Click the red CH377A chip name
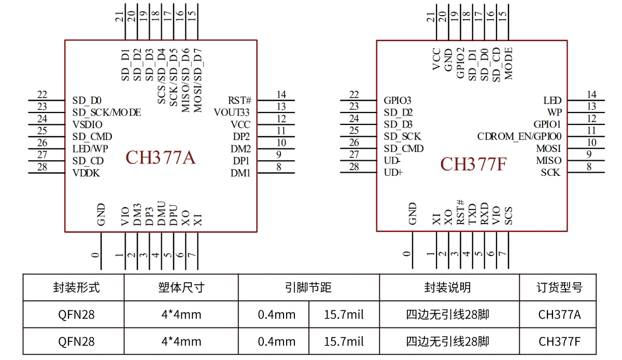pyautogui.click(x=161, y=158)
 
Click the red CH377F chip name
pyautogui.click(x=473, y=164)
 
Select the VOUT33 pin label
pyautogui.click(x=232, y=112)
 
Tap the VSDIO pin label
pyautogui.click(x=87, y=124)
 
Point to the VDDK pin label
pyautogui.click(x=86, y=173)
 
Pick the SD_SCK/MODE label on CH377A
pyautogui.click(x=106, y=112)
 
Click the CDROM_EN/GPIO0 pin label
pyautogui.click(x=519, y=136)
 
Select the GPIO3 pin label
pyautogui.click(x=398, y=100)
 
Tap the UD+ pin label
pyautogui.click(x=393, y=173)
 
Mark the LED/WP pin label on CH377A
pyautogui.click(x=90, y=149)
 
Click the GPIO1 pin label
pyautogui.click(x=547, y=124)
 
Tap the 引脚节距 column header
pyautogui.click(x=308, y=287)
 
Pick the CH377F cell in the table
pyautogui.click(x=559, y=341)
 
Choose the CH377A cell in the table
pyautogui.click(x=559, y=314)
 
